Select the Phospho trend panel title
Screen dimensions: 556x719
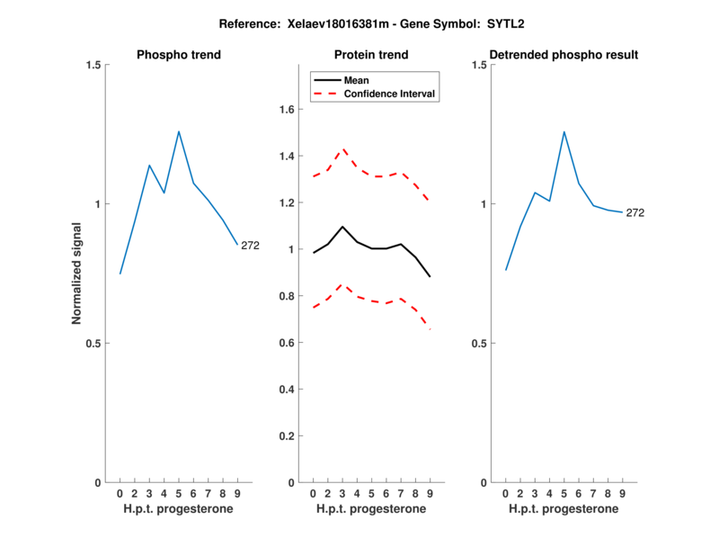179,55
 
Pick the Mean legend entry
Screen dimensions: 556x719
356,80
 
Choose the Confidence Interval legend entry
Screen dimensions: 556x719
390,93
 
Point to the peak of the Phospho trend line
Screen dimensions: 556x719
179,131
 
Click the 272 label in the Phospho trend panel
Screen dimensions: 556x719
250,246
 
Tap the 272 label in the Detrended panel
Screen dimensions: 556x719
635,213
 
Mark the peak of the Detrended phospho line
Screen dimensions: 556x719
564,131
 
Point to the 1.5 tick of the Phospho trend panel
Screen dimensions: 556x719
93,65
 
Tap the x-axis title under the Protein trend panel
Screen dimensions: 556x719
370,508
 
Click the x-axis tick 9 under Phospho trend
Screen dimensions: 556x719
237,493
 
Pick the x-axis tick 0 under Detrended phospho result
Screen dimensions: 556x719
505,493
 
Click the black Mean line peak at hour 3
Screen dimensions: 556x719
342,227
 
